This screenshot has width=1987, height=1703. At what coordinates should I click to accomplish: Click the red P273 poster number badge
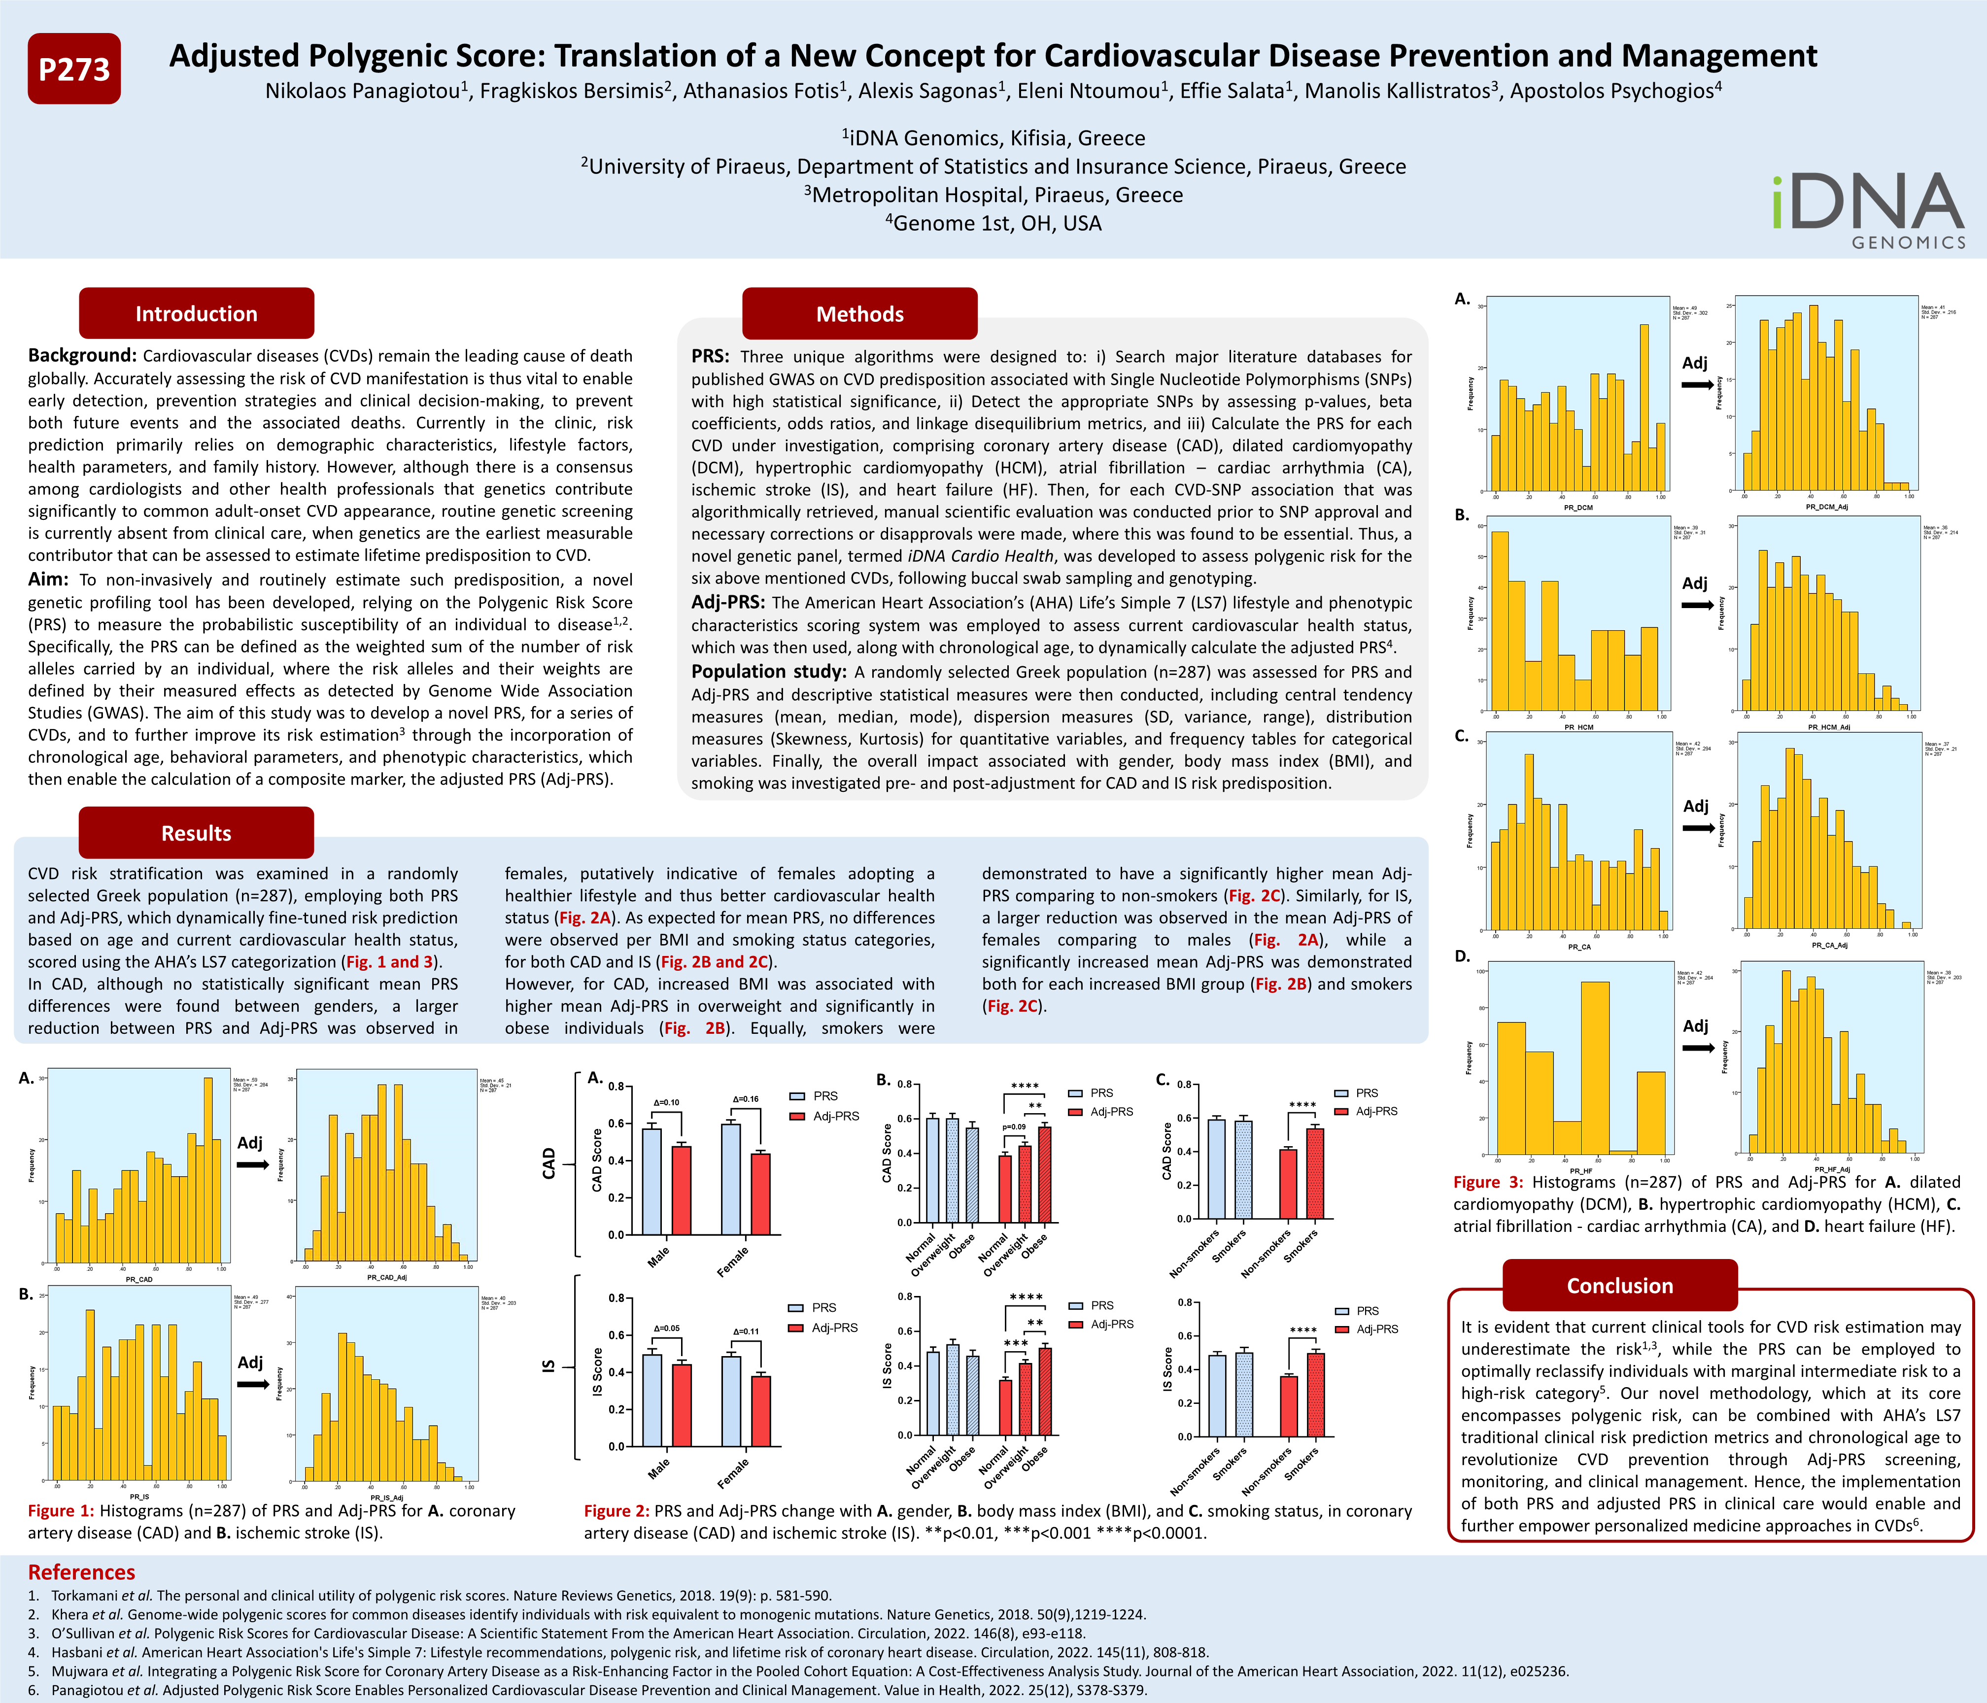click(74, 69)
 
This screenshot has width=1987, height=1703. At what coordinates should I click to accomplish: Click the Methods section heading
click(859, 313)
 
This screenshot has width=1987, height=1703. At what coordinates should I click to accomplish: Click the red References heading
click(81, 1571)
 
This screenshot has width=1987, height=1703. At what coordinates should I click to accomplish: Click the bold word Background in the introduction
click(81, 356)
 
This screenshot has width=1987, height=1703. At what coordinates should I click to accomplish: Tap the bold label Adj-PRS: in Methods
click(728, 602)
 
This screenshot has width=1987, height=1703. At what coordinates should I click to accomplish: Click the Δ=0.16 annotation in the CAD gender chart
click(745, 1099)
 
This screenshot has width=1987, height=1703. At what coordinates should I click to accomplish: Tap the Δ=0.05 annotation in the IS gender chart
click(666, 1328)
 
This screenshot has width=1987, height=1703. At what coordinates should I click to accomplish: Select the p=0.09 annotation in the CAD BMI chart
click(1014, 1126)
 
